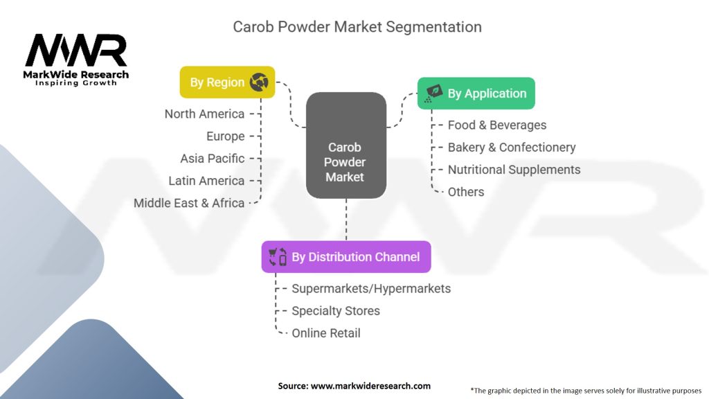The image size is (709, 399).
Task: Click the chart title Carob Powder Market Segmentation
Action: point(357,27)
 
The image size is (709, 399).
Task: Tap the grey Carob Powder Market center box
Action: point(346,145)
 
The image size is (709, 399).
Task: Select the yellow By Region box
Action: point(227,82)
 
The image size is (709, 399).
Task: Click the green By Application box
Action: point(476,94)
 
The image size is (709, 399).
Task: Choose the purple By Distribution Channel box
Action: point(346,257)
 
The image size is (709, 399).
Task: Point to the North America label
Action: point(204,114)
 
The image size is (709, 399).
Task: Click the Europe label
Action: point(226,136)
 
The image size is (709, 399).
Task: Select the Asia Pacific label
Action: point(213,159)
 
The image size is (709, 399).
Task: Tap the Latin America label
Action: point(206,181)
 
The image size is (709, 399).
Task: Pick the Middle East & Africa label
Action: point(189,203)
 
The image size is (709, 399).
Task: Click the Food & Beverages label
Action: point(497,125)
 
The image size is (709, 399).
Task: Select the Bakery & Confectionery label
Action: point(512,148)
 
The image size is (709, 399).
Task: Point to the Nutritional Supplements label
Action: point(514,170)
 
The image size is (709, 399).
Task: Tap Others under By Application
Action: point(466,192)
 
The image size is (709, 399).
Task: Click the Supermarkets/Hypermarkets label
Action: point(371,289)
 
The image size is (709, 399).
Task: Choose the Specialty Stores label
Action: point(336,311)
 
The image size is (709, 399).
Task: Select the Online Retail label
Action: point(326,333)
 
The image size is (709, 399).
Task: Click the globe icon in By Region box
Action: point(259,82)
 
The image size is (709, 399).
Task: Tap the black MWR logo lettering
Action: point(76,50)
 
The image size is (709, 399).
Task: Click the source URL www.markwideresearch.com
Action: point(371,386)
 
